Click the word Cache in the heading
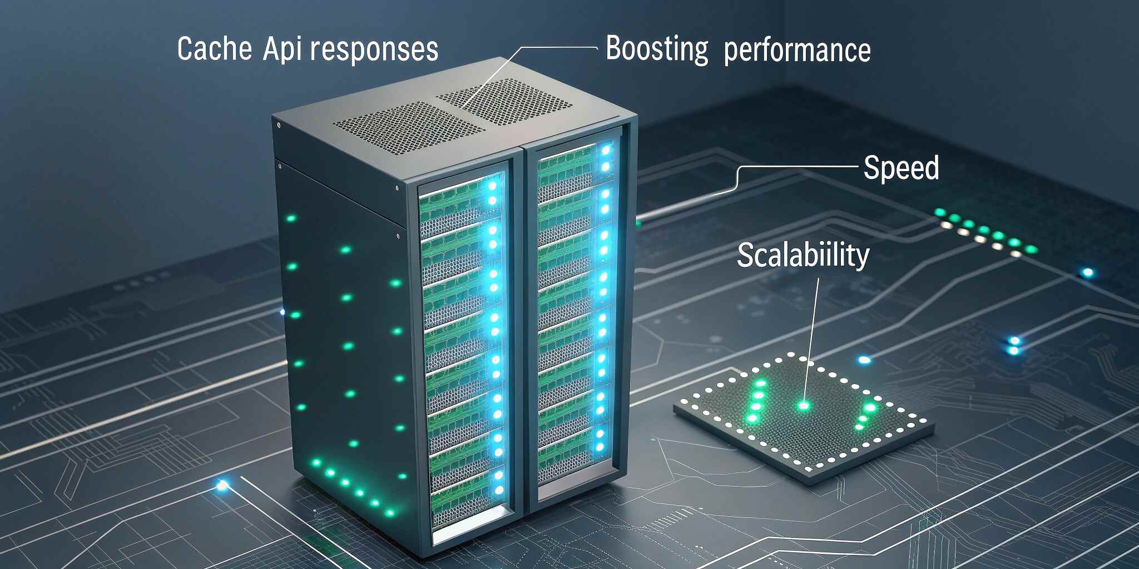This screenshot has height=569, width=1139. [x=215, y=49]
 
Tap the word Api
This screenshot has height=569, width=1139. [x=283, y=49]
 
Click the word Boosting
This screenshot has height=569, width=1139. [x=657, y=49]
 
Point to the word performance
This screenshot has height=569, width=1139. [x=797, y=51]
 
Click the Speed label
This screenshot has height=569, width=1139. [x=901, y=168]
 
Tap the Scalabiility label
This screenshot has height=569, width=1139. [x=803, y=256]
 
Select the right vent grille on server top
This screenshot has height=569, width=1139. [x=503, y=101]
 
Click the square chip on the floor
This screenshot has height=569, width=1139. [x=804, y=417]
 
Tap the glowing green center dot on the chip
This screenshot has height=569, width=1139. [x=803, y=406]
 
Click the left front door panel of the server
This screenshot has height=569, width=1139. [x=464, y=345]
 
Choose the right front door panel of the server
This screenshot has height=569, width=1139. [x=576, y=311]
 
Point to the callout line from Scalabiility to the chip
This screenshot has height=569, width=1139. [x=811, y=333]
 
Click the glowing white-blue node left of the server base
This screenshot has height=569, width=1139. [x=222, y=486]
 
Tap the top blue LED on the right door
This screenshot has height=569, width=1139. [x=606, y=150]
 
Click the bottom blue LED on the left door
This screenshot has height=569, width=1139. [x=499, y=490]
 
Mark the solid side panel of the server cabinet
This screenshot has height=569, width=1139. [x=345, y=333]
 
